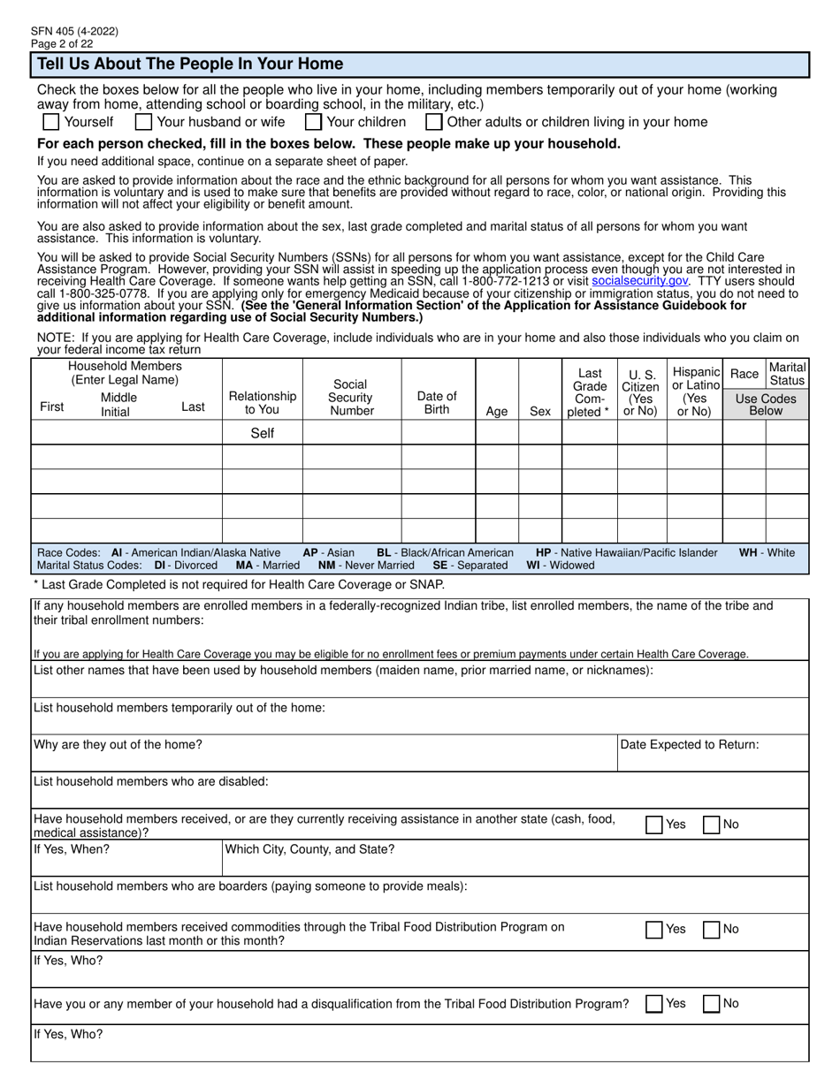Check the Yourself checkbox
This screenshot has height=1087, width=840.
coord(51,122)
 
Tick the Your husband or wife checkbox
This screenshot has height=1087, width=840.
coord(144,122)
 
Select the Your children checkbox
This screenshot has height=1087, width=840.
coord(313,122)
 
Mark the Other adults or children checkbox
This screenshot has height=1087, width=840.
coord(434,122)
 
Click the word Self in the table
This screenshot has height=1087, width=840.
coord(263,433)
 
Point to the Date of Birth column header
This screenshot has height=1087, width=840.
coord(437,403)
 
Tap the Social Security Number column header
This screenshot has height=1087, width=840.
coord(351,397)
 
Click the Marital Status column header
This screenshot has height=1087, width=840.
coord(787,373)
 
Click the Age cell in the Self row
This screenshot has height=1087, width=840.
coord(497,433)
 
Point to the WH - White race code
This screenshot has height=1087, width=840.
coord(767,552)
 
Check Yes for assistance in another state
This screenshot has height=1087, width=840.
coord(654,825)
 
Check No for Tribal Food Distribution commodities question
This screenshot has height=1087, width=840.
coord(712,930)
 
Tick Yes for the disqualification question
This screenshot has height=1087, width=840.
coord(654,1004)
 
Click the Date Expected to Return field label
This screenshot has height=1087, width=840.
coord(690,745)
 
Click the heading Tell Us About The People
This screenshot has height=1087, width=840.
coord(188,65)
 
